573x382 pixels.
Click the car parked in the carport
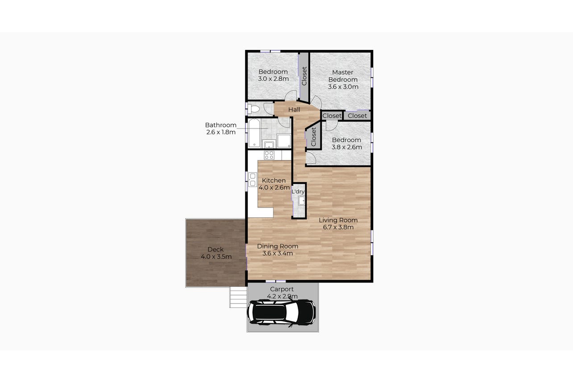[x=281, y=313]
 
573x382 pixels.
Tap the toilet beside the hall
[x=253, y=109]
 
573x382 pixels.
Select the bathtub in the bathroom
[x=254, y=133]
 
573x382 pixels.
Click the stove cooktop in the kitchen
[x=270, y=155]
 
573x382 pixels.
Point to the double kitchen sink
[x=253, y=179]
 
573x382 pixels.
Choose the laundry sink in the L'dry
[x=302, y=201]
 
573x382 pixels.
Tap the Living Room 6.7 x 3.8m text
[x=338, y=224]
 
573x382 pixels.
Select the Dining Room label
[x=278, y=246]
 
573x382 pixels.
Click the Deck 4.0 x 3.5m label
[x=216, y=253]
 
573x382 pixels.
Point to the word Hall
[x=294, y=110]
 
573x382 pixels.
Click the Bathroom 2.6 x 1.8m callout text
[x=221, y=129]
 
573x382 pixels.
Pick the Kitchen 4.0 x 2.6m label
[x=274, y=184]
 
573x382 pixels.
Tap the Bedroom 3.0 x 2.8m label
[x=273, y=75]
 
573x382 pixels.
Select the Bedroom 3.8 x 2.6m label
[x=347, y=144]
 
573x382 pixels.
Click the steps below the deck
[x=238, y=297]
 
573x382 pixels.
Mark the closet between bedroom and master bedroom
[x=304, y=76]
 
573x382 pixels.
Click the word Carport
[x=282, y=289]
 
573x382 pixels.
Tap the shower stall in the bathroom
[x=284, y=141]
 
